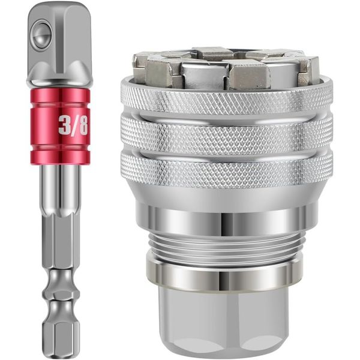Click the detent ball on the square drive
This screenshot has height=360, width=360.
pyautogui.click(x=41, y=32)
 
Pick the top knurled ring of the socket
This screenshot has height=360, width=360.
pyautogui.click(x=226, y=96)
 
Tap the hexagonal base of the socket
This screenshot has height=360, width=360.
pyautogui.click(x=226, y=318)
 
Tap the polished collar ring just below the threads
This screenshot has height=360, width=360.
pyautogui.click(x=226, y=273)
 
